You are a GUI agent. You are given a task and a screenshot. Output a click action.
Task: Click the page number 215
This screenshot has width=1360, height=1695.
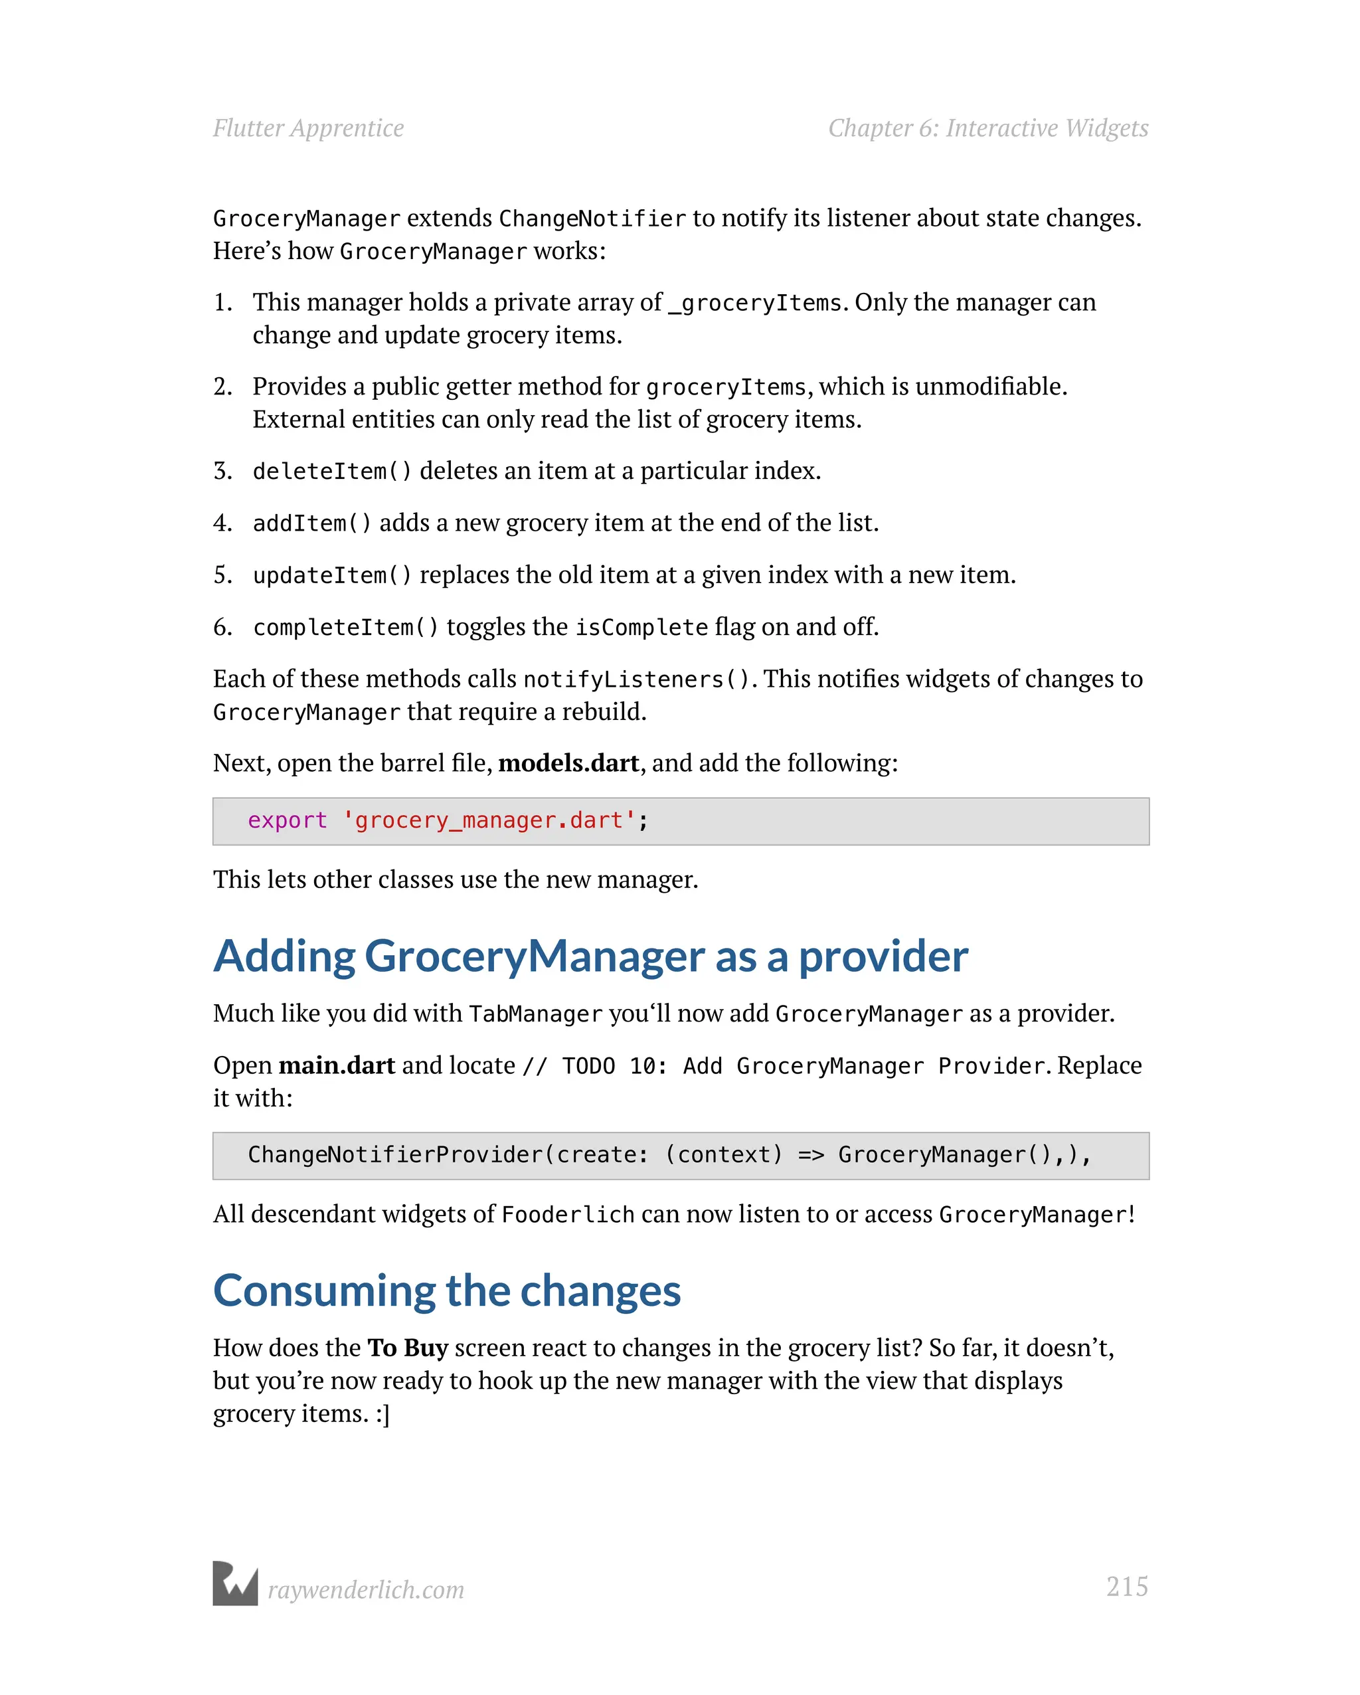[1126, 1587]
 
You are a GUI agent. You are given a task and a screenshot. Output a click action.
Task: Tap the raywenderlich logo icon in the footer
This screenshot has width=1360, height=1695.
[235, 1583]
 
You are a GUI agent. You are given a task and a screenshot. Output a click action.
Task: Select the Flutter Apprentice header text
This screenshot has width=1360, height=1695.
[308, 128]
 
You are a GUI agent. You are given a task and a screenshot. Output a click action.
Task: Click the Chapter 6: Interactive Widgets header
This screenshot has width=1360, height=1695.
[988, 128]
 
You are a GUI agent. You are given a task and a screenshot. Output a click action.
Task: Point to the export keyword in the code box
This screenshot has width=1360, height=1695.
[287, 821]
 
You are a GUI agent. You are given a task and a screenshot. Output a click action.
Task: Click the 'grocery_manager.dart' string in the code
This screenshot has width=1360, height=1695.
[488, 821]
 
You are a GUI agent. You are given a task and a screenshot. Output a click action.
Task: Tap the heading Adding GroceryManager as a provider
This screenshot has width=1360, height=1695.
[590, 957]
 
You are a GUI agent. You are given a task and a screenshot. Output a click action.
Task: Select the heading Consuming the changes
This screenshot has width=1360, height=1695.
[446, 1291]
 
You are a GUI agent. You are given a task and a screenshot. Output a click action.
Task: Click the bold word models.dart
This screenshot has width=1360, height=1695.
[568, 763]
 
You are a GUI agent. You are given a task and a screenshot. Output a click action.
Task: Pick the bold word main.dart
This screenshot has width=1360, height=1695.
[337, 1065]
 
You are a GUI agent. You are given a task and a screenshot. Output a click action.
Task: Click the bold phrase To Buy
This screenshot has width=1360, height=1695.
[407, 1348]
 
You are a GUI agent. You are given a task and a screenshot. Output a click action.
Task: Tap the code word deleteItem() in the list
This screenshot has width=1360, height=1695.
[332, 472]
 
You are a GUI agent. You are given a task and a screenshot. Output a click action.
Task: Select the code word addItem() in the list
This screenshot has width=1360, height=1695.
[312, 523]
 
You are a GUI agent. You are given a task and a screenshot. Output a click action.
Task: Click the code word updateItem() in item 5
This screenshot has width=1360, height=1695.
[332, 575]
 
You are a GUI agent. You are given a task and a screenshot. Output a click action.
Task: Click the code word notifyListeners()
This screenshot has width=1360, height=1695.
[636, 679]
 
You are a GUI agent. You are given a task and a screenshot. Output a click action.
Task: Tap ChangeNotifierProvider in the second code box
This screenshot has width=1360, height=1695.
[395, 1155]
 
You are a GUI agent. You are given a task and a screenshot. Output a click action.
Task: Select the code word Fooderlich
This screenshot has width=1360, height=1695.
[568, 1215]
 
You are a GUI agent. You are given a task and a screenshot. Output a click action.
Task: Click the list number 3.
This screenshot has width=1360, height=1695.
[222, 471]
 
